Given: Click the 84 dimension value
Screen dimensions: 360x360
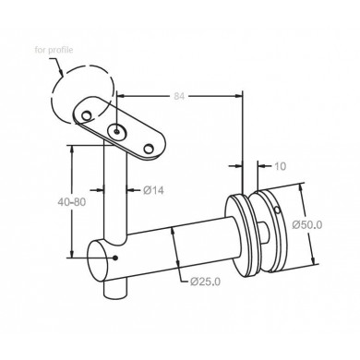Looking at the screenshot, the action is pos(179,96).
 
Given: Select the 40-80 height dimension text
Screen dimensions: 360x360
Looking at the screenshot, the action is pos(72,202).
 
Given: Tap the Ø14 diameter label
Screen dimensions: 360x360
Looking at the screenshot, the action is pos(153,190).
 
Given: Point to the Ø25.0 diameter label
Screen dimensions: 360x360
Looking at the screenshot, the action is pos(205,282).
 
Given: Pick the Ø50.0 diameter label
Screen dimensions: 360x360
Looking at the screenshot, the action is pos(307,224).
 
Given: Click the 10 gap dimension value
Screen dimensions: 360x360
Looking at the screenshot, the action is pos(280,166).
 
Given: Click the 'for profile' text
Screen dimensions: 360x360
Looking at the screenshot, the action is pos(54,50).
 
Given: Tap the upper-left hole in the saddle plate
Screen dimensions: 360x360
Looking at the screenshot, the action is pos(87,115).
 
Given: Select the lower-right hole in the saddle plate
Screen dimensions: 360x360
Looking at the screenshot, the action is pos(149,150).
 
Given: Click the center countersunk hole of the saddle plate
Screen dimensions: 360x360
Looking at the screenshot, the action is pos(116,132).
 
